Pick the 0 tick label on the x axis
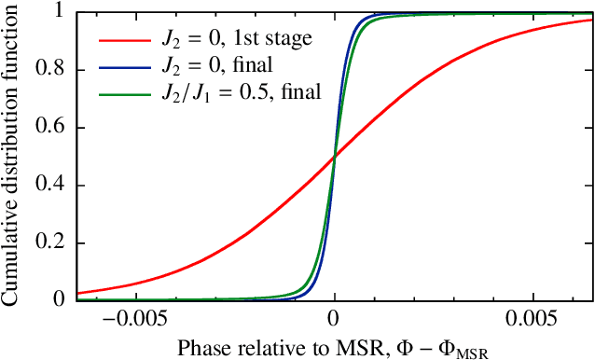click(x=335, y=317)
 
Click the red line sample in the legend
click(x=122, y=41)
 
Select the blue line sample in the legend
click(x=122, y=65)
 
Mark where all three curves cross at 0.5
click(x=335, y=157)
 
